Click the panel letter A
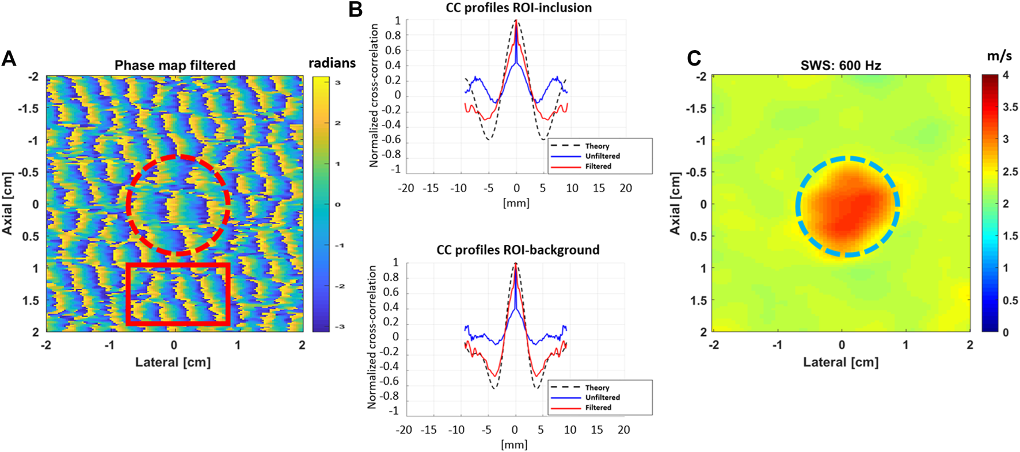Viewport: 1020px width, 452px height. (x=9, y=58)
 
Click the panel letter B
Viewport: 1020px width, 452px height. (x=355, y=9)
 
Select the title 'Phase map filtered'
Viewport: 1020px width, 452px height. (x=175, y=66)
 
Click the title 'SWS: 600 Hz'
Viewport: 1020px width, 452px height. (x=840, y=66)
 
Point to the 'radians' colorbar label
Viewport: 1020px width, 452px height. (x=332, y=63)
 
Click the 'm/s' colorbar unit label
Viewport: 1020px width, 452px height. (x=999, y=56)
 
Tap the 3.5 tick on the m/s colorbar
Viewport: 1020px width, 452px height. (x=1010, y=107)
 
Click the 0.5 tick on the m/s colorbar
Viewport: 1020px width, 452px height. (x=1010, y=300)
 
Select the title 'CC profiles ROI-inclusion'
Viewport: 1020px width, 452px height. (x=519, y=8)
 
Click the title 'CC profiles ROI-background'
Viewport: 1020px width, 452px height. (x=518, y=250)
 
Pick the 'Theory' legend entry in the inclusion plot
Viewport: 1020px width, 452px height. (x=597, y=146)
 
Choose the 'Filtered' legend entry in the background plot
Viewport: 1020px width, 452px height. (x=598, y=408)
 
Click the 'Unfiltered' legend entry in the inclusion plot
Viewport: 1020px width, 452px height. (x=602, y=156)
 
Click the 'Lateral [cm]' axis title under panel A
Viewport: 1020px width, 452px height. (x=173, y=362)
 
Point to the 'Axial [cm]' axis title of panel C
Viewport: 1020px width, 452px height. (x=675, y=204)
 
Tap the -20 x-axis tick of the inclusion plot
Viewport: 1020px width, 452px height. (x=406, y=188)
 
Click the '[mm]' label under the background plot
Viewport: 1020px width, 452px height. (x=514, y=445)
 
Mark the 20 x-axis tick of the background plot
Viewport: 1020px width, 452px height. (x=623, y=430)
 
